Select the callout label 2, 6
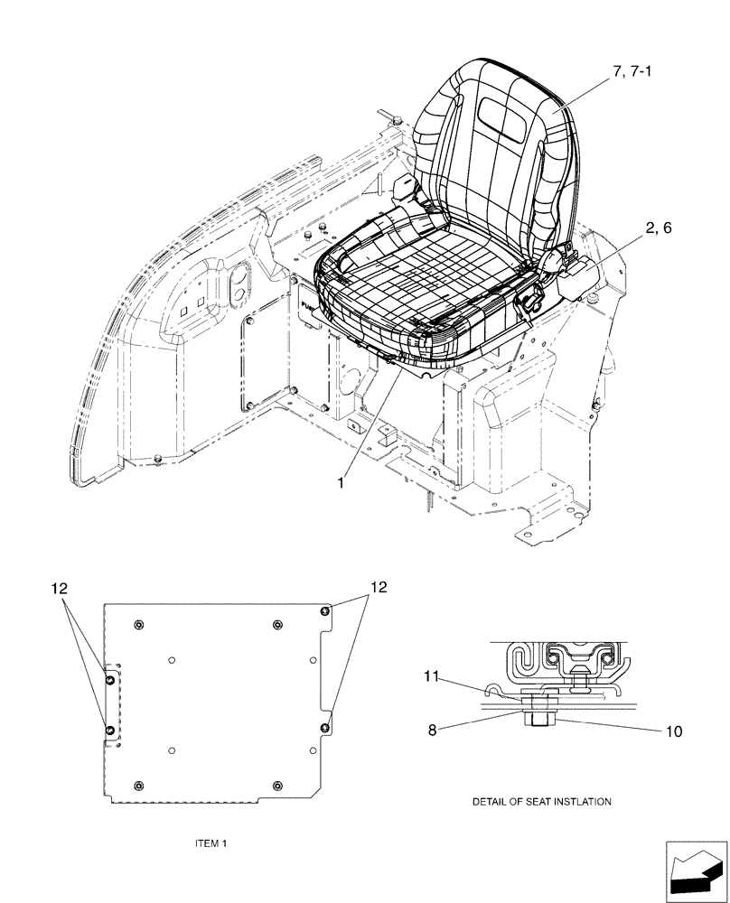[658, 230]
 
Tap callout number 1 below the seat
[341, 483]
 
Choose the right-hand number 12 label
[377, 588]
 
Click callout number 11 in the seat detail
[433, 675]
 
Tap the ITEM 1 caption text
[211, 843]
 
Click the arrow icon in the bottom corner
[695, 872]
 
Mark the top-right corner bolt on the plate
[325, 612]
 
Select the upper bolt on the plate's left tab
[109, 679]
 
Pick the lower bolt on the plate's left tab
[109, 729]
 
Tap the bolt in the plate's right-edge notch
[325, 728]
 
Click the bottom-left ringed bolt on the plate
[137, 785]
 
